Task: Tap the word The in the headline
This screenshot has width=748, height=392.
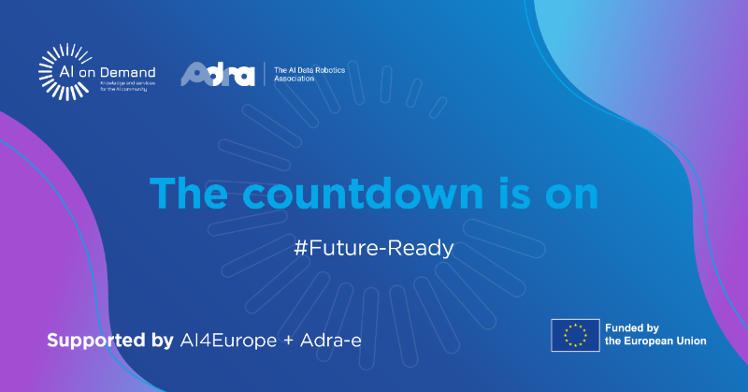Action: (x=192, y=193)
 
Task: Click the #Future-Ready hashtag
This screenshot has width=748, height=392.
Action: (x=373, y=249)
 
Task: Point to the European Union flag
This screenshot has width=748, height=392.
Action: (x=575, y=334)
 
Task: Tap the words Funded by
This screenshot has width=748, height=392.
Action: (x=633, y=327)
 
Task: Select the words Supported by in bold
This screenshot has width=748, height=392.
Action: (x=109, y=339)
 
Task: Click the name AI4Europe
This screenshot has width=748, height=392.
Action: (x=227, y=339)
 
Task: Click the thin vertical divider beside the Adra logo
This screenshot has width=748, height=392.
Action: (x=265, y=74)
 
